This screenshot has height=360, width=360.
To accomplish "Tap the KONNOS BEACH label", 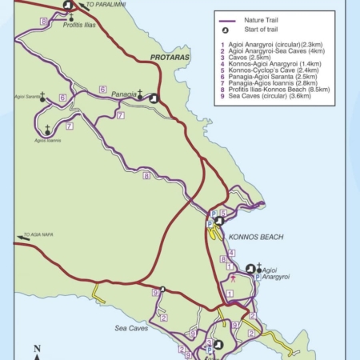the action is [x=252, y=238].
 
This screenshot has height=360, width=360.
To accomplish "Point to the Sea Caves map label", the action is [x=131, y=328].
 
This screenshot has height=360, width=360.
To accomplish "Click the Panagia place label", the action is [x=123, y=94].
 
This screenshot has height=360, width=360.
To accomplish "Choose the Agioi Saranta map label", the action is [x=26, y=97].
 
